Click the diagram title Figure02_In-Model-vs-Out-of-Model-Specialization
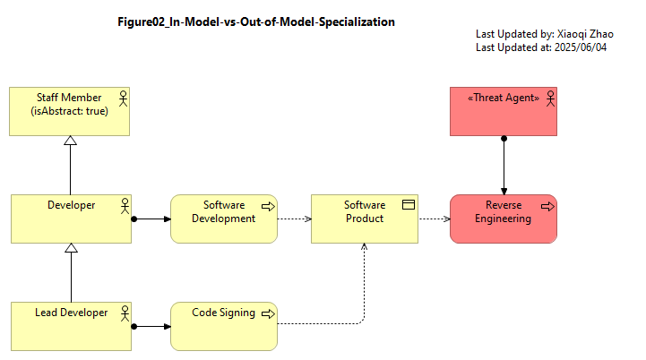coord(256,21)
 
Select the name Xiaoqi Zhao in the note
coord(585,34)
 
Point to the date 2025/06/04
coord(581,47)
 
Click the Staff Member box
coord(69,111)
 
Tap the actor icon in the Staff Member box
coord(123,99)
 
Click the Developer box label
coord(72,205)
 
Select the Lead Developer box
coord(72,327)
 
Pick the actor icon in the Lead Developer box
coord(125,313)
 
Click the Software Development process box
coord(224,219)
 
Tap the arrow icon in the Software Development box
coord(268,206)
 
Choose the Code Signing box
coord(224,327)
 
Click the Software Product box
coord(365,219)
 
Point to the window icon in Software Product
coord(409,205)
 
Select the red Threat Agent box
coord(504,111)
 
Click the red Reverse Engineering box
coord(504,219)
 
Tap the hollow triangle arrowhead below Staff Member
coord(71,141)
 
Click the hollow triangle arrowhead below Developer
coord(72,248)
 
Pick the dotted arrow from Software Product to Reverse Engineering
coord(435,219)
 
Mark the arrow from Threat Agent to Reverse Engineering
coord(504,165)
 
